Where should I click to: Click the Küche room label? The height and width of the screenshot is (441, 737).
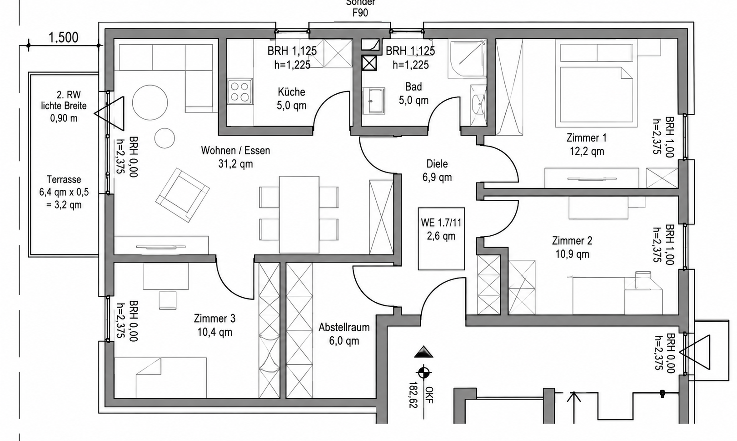292,92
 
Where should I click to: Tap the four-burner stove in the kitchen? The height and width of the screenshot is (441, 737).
240,91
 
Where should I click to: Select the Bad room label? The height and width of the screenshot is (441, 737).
413,86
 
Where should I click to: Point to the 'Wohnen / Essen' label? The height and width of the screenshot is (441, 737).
235,151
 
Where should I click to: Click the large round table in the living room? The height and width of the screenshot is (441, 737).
150,102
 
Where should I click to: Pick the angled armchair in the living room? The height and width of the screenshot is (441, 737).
182,195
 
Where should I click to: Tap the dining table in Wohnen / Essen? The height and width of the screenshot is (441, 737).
299,214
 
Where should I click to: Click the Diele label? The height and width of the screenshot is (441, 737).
437,164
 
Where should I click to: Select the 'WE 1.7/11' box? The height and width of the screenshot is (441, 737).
441,238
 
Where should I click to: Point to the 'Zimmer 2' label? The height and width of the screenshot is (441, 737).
572,241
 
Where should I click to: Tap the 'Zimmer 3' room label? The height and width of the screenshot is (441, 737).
214,319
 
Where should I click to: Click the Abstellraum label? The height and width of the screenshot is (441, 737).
344,327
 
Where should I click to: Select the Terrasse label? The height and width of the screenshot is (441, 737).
64,180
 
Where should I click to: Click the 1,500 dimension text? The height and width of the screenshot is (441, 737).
64,38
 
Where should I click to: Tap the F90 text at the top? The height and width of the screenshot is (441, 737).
360,13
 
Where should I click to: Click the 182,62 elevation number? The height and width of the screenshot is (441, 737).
413,395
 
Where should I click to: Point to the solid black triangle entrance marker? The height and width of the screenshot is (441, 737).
424,352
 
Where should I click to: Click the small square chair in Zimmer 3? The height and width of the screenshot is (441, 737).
168,300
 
